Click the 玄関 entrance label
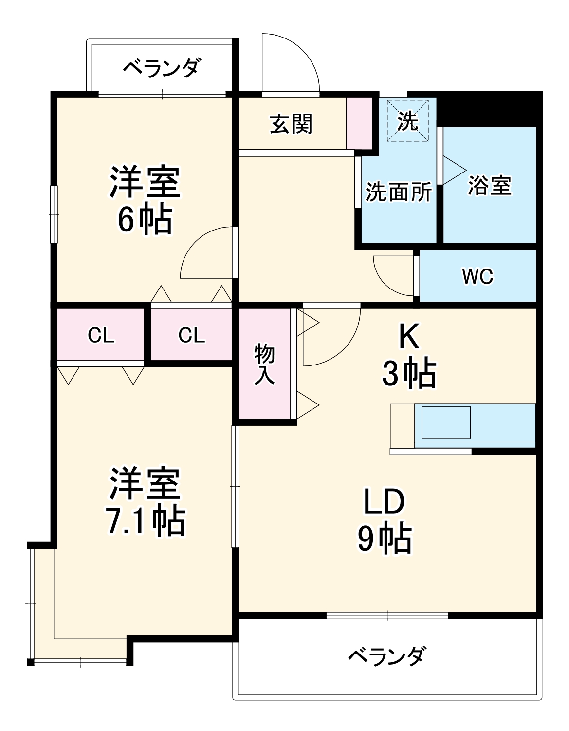(291, 124)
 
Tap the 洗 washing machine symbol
(407, 120)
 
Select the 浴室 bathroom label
(489, 186)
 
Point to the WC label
(477, 276)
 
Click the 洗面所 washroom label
(398, 192)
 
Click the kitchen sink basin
(446, 422)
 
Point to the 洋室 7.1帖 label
(145, 502)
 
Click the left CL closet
(101, 335)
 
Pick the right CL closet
(191, 335)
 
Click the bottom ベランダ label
(387, 656)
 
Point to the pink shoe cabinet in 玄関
(359, 123)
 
